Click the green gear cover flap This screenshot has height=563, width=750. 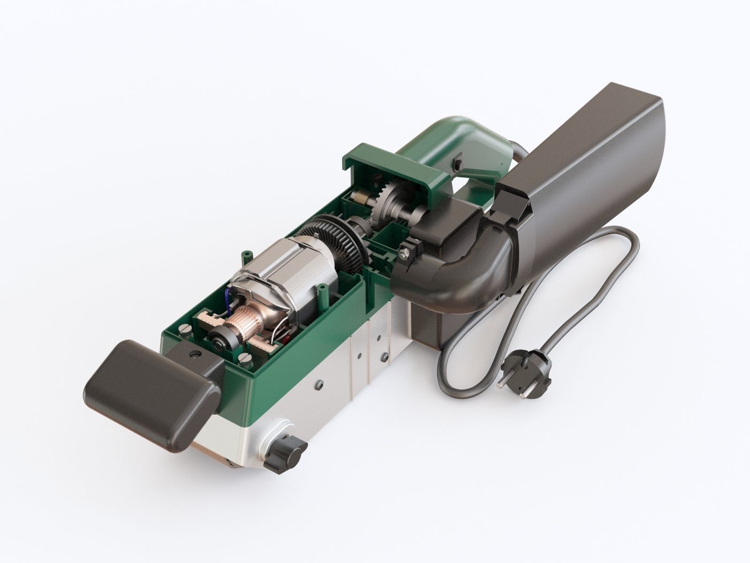pos(394,160)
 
